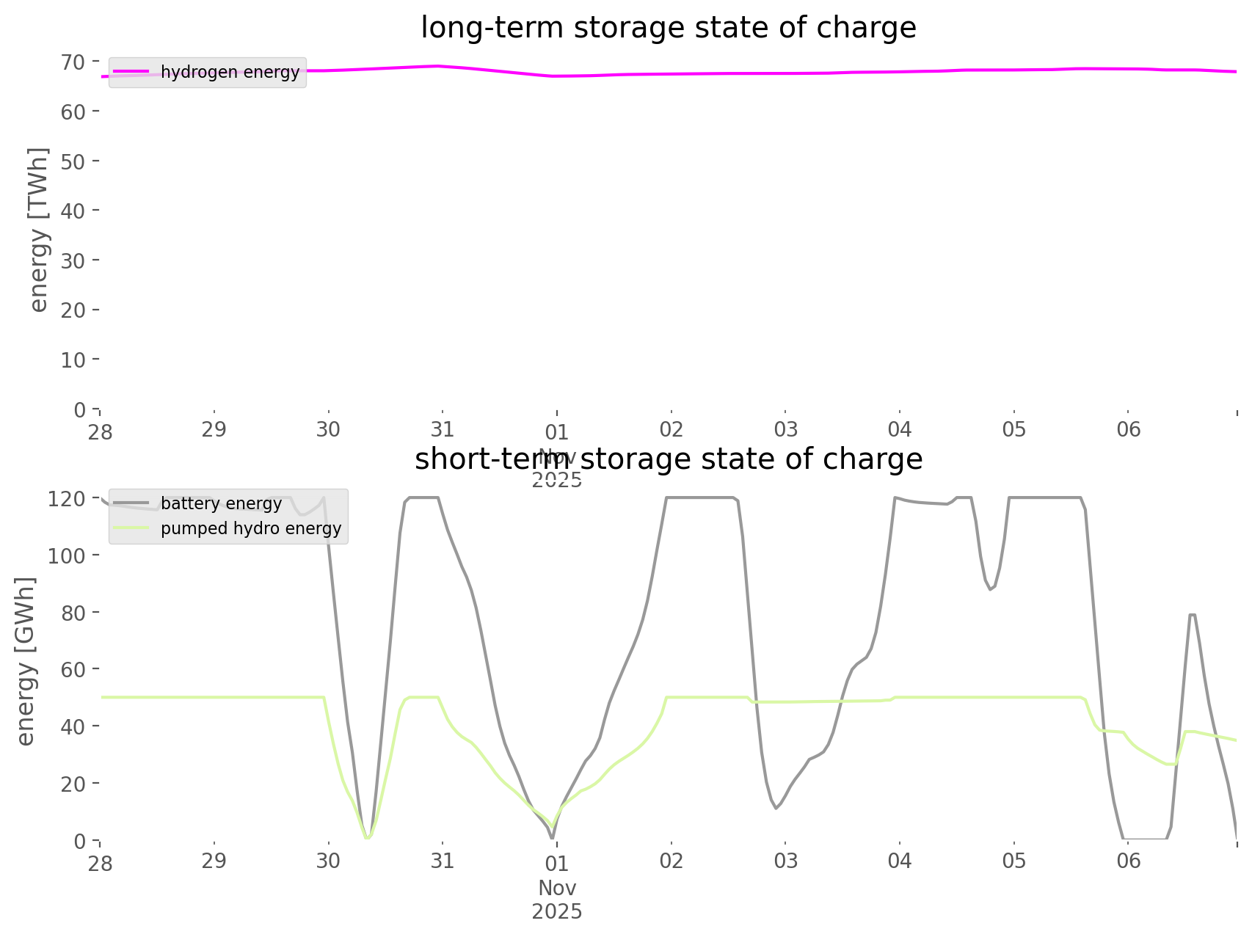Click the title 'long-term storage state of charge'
point(668,28)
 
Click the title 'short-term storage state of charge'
point(668,459)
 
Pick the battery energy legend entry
point(221,503)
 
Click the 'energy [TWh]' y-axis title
point(39,230)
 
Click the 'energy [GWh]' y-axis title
point(26,661)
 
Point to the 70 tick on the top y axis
point(73,62)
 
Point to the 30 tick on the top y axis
point(73,260)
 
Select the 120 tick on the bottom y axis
point(68,499)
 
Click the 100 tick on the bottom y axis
point(68,555)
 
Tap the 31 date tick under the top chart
point(443,429)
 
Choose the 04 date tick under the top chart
point(900,429)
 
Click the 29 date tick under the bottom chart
point(214,860)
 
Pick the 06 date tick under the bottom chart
point(1129,860)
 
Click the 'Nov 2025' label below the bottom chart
point(557,900)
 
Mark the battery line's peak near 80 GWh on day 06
point(1193,614)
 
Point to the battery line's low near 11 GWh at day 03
point(776,809)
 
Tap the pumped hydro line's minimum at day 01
point(553,826)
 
